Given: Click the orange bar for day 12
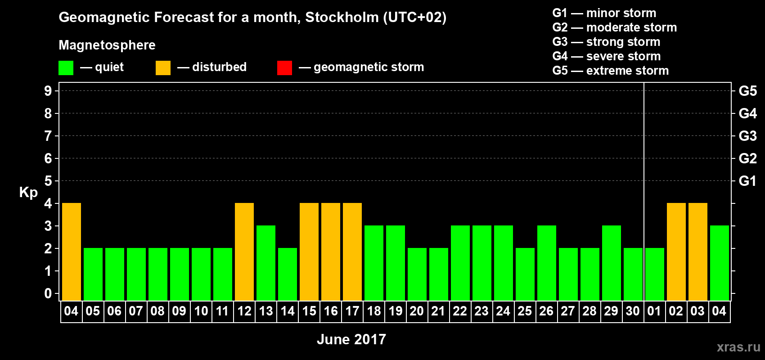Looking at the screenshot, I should [x=244, y=252].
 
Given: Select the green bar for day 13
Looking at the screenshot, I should [x=266, y=263].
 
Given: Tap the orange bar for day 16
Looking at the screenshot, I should [x=331, y=252].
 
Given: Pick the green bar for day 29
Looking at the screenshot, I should [x=612, y=263].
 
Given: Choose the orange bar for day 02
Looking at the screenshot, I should [x=676, y=252].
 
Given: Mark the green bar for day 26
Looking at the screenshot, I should [x=547, y=263].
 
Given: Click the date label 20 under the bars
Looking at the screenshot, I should [x=417, y=311].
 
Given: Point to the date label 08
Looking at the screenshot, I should [x=157, y=311].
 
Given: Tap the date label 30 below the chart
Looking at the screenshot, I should [x=633, y=311].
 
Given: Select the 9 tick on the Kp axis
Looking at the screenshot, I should [x=48, y=91].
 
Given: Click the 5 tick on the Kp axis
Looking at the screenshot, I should [x=48, y=181].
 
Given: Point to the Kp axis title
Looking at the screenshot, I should [x=28, y=192].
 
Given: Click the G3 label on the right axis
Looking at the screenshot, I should [x=747, y=136].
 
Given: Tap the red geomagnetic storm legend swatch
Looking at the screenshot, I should [x=284, y=68].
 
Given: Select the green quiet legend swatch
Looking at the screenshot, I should [x=66, y=68].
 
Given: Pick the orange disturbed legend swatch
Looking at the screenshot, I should [x=163, y=68].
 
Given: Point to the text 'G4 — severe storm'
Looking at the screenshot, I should [x=607, y=56].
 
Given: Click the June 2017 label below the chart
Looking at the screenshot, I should [x=351, y=339].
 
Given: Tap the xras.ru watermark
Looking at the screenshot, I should [x=738, y=346].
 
